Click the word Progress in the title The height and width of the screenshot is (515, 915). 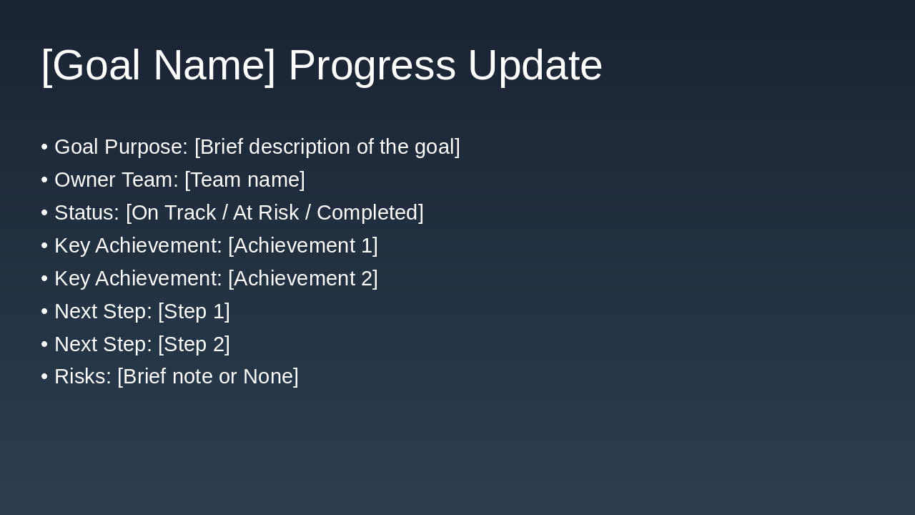372,66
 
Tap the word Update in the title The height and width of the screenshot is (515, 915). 535,66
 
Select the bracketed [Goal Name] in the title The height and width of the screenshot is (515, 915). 158,66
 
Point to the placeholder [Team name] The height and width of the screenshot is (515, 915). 244,180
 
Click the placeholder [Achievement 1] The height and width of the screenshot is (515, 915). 303,246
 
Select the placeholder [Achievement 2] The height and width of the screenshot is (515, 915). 303,279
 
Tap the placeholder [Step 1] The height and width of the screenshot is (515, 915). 194,312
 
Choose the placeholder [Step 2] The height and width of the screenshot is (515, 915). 194,345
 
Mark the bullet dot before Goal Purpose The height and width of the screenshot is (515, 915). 44,147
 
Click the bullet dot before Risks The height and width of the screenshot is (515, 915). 44,377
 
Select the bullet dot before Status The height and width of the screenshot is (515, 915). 44,213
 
